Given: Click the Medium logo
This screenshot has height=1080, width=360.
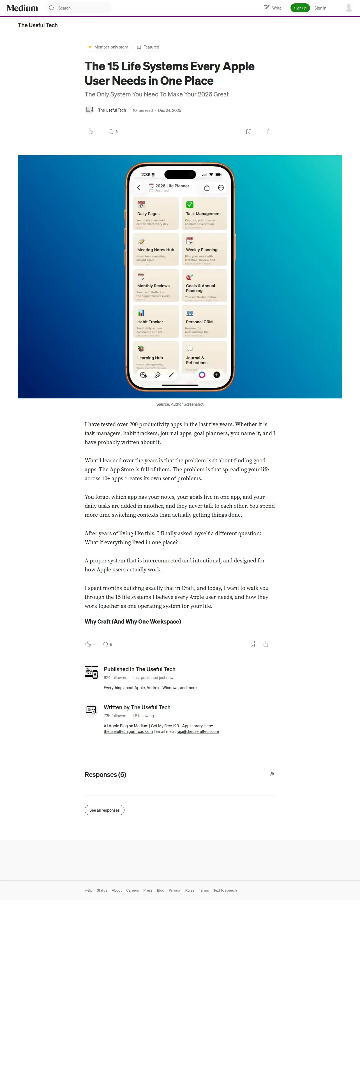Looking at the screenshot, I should pos(22,8).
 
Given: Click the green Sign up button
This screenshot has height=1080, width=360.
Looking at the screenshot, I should pos(300,8).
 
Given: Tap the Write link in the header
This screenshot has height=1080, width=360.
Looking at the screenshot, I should pos(273,8).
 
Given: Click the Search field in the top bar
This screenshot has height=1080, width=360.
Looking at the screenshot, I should pos(80,8).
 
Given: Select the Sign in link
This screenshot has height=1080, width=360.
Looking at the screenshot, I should pos(320,8).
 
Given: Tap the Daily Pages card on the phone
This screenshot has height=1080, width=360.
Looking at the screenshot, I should pos(156,213).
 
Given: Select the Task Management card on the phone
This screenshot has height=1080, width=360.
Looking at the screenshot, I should pos(204,213).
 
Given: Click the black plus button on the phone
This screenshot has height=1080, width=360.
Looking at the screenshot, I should pos(217,375).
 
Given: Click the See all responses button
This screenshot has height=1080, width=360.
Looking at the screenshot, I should pos(104,810).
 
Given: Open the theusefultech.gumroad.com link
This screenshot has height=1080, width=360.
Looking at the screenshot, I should pos(128,731).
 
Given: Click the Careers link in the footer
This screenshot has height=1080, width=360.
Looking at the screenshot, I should pos(132,890).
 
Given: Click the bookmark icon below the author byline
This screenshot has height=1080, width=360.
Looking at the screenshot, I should pos(248,131).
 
